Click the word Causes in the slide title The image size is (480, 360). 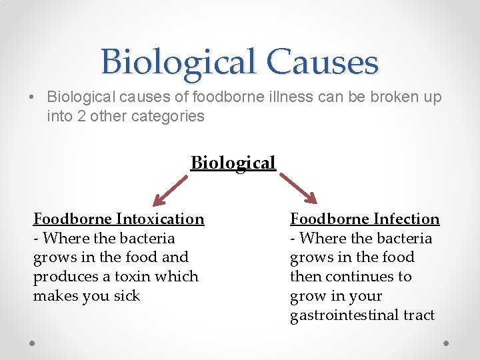323,62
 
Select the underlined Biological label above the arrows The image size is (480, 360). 233,163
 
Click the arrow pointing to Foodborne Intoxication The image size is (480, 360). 170,189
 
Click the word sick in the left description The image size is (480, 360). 126,295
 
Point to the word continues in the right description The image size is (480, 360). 357,276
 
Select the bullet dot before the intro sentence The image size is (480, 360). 33,97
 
